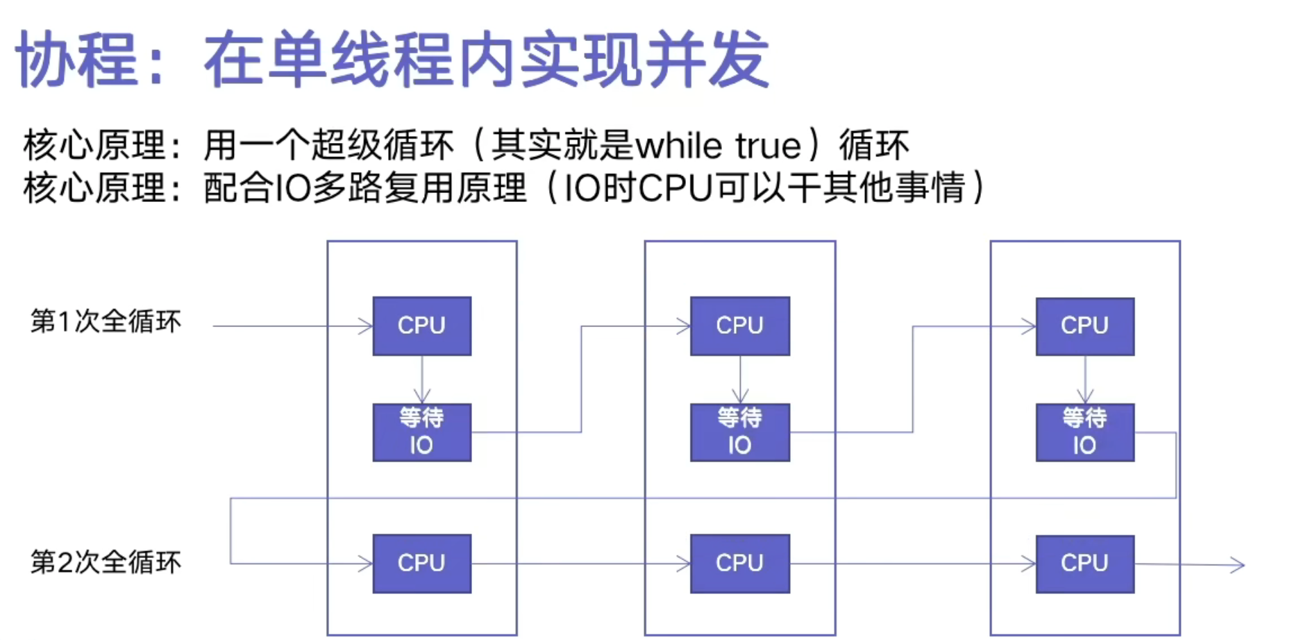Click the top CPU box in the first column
422,326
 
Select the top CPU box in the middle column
739,326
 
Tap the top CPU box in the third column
1084,326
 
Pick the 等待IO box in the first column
422,432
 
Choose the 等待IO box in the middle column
739,432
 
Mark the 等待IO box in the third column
1084,432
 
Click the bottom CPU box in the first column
422,564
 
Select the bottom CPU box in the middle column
739,564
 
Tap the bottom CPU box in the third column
1084,564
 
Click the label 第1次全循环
106,322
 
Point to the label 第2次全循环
106,562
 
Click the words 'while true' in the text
718,146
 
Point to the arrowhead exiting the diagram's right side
1238,565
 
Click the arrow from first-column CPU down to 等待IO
422,380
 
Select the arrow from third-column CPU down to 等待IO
1085,380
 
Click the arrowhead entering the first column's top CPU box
366,326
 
